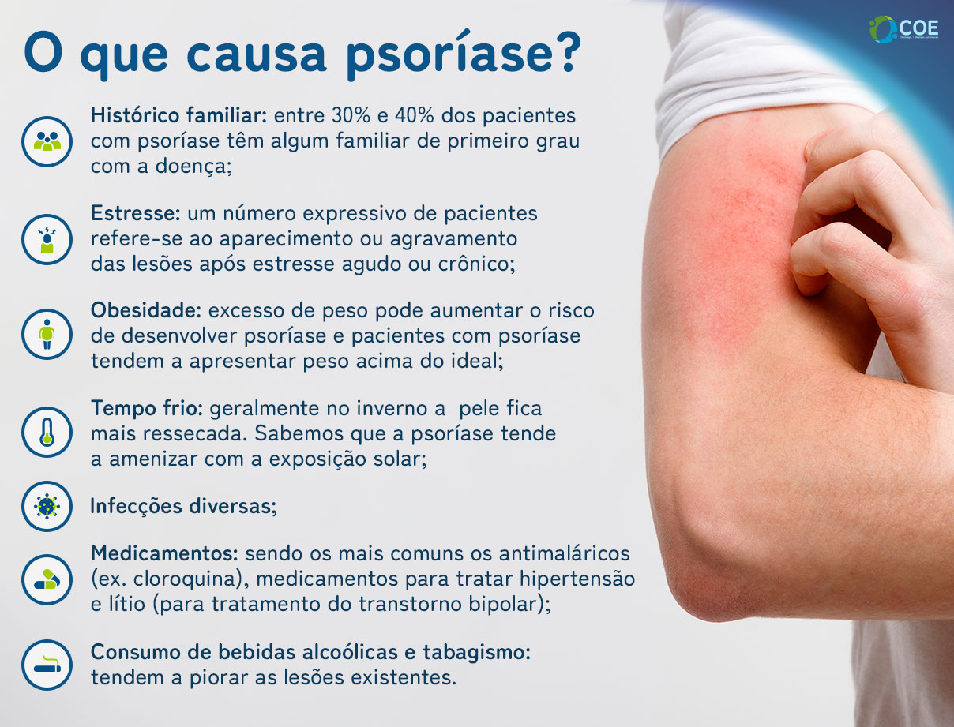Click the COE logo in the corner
point(902,29)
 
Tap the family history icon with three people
point(47,141)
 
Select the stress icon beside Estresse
point(47,238)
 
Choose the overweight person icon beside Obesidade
point(47,335)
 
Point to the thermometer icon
point(47,432)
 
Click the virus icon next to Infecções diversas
point(47,506)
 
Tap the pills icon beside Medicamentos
point(47,579)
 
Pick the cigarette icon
point(47,665)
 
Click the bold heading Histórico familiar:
point(181,115)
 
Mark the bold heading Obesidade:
point(148,310)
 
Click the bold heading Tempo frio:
point(147,409)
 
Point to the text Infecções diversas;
point(184,506)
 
